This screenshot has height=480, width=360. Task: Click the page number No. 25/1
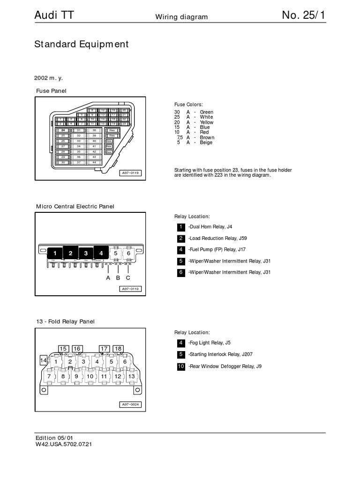coord(303,15)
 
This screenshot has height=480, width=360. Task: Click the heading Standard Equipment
coord(81,45)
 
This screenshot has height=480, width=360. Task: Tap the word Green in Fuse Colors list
coord(206,112)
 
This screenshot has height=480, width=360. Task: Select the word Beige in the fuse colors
coord(206,142)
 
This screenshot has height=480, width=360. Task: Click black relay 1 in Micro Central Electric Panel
coord(55,253)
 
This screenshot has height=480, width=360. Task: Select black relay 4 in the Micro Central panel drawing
coord(101,253)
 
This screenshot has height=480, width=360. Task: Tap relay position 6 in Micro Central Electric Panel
coord(128,253)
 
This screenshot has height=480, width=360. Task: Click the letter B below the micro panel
coord(118,277)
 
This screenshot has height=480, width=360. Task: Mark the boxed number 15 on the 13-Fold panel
coord(63,349)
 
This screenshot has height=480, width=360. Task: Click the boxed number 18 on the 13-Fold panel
coord(118,349)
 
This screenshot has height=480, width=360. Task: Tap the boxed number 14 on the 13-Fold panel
coord(44,360)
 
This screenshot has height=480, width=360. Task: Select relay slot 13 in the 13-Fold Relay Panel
coord(131,376)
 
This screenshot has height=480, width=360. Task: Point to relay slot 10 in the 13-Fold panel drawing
coord(90,376)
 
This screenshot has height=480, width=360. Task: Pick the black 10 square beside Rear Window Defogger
coord(181,366)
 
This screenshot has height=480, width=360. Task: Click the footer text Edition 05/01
coord(54,438)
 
